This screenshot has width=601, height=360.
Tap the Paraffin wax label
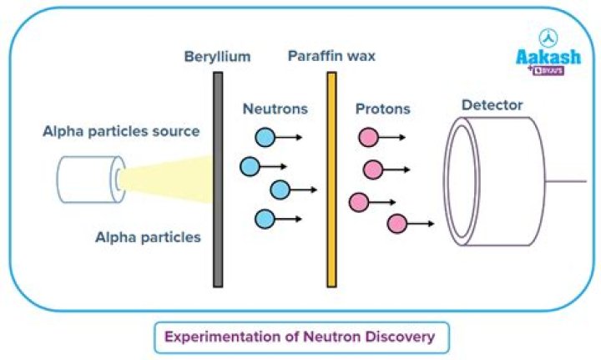tap(331, 57)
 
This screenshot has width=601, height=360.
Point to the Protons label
tap(383, 109)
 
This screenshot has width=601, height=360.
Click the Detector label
tap(492, 105)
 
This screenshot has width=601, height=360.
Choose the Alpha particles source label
tap(122, 131)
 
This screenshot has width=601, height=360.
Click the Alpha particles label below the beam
tap(148, 237)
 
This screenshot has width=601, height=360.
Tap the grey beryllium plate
tap(218, 179)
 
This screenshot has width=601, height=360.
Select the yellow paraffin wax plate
tap(331, 179)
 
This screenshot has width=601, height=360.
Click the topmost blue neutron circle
tap(265, 137)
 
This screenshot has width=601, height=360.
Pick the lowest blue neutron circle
tap(265, 219)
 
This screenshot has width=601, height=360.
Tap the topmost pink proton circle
tap(368, 137)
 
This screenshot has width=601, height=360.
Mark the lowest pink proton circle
tap(396, 223)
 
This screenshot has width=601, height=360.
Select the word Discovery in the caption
tap(398, 337)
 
